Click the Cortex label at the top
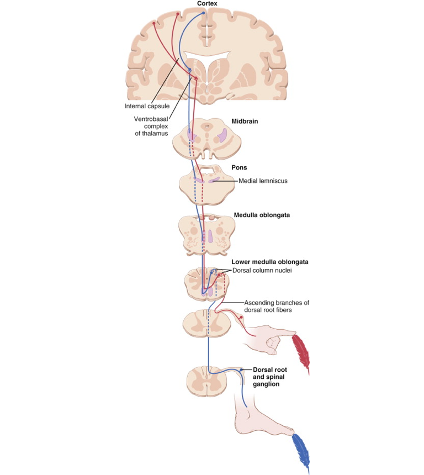208,4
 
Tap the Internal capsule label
146,105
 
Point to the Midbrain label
245,121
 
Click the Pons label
239,167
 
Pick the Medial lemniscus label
263,181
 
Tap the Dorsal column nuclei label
261,270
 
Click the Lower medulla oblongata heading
269,262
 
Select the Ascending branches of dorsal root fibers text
277,306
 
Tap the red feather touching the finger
299,351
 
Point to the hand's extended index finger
279,334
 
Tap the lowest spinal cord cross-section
206,380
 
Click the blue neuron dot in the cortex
203,12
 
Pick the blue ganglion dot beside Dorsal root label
241,370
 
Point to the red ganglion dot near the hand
241,317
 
